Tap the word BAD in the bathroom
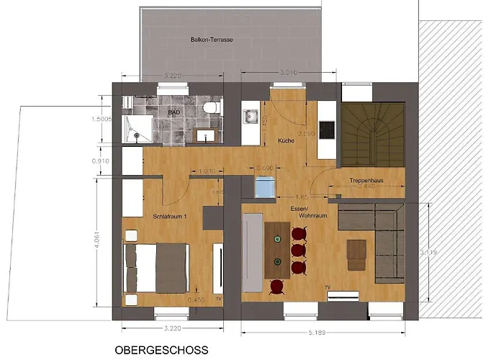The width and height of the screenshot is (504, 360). tap(174, 113)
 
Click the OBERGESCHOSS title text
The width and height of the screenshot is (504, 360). tap(161, 351)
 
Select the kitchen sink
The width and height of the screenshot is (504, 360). tap(251, 116)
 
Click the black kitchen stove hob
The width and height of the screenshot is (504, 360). tap(326, 130)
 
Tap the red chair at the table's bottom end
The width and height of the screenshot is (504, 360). tap(276, 286)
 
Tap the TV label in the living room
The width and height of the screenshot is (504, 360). tap(327, 287)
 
